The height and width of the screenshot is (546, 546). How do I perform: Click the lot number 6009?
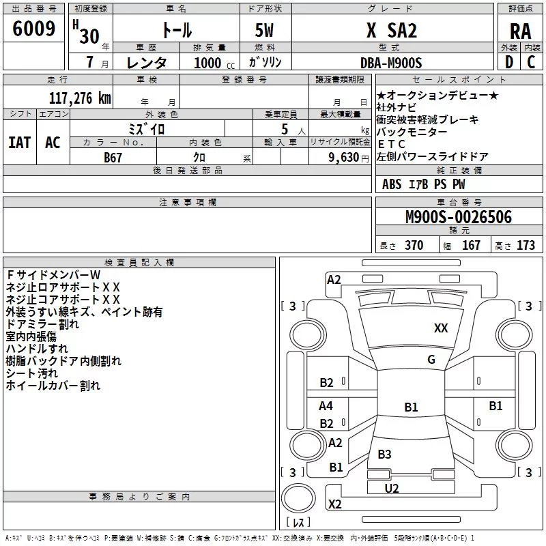(33, 29)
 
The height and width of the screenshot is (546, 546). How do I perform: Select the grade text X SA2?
(391, 30)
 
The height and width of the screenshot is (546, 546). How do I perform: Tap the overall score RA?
(520, 31)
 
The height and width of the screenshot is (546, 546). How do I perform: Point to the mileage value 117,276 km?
(80, 98)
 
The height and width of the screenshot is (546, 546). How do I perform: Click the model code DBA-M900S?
(391, 63)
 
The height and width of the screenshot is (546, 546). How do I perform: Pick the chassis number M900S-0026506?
(459, 217)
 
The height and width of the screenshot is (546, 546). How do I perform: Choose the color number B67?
(113, 158)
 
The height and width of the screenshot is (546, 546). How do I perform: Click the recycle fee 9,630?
(344, 158)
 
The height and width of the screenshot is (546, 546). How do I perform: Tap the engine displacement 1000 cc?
(214, 63)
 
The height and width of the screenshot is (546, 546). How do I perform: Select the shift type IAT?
(20, 143)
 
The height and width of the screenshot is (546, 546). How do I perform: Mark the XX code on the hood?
(441, 328)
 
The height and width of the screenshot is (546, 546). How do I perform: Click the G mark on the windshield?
(431, 360)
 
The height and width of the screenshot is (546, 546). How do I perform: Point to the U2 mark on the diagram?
(391, 489)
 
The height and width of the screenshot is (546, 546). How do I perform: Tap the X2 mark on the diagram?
(334, 504)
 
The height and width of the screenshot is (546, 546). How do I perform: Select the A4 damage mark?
(326, 405)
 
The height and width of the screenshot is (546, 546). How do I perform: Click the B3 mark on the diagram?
(384, 454)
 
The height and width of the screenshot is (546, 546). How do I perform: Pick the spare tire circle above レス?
(298, 498)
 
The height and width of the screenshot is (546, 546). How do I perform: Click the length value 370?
(414, 245)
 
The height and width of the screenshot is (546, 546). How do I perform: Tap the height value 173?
(526, 245)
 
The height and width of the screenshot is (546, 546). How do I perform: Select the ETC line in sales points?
(391, 144)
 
